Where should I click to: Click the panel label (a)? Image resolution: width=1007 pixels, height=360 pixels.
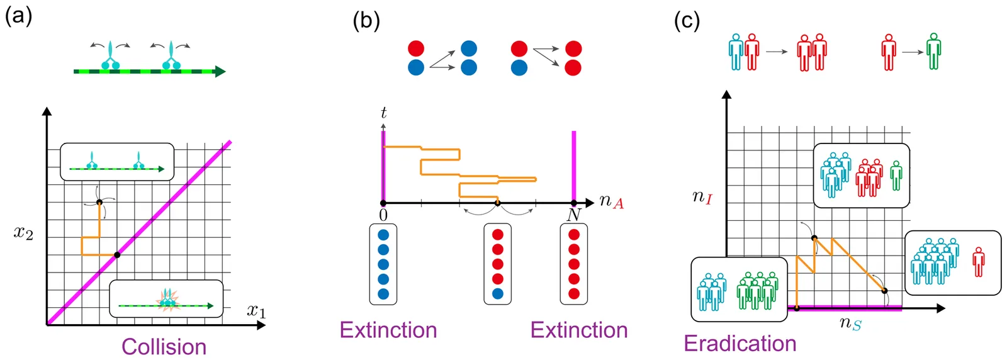pos(18,15)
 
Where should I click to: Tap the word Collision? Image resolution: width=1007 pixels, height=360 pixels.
pos(164,347)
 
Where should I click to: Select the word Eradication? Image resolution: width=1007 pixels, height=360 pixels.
pos(740,343)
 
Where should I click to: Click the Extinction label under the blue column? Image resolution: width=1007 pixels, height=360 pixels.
pos(388,330)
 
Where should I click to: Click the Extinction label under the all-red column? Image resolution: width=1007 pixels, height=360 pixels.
pos(578,330)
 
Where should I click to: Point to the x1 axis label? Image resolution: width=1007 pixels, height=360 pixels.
pos(256,311)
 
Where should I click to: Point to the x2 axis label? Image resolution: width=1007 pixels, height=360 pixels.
pos(23,233)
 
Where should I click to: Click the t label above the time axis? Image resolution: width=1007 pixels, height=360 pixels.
pos(383,113)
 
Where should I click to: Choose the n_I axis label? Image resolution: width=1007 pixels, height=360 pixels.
pos(702,197)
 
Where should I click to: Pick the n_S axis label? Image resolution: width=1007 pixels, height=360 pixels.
pos(850,323)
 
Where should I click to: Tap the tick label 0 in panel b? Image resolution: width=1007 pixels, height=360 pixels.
pos(383,215)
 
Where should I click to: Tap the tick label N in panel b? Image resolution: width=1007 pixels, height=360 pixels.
pos(573,215)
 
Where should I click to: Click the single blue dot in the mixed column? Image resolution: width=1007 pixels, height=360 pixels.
pos(497,293)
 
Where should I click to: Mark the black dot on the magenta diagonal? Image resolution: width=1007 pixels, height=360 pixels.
pos(117,255)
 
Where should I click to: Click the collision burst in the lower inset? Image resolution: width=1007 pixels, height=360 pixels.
pos(167,301)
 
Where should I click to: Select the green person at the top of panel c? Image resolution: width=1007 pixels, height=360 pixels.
pos(933,51)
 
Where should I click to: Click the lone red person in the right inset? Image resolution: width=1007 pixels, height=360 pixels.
pos(978,262)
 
